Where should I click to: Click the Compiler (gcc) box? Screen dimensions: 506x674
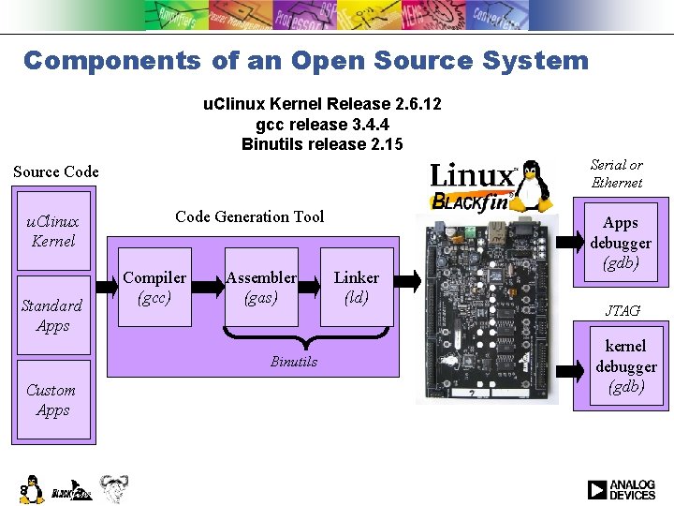click(x=155, y=288)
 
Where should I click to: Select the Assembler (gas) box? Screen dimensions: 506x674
click(x=261, y=288)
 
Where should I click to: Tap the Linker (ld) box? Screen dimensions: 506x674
click(x=357, y=288)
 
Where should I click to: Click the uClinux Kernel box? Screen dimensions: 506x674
click(x=53, y=231)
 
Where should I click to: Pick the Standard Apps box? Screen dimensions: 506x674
click(x=52, y=316)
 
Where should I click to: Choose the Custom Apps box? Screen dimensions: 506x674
click(x=52, y=400)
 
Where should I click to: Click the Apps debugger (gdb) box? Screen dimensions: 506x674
click(x=621, y=243)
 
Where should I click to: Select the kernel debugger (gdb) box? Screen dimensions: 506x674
click(x=625, y=366)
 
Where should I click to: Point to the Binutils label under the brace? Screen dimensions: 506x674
click(x=294, y=362)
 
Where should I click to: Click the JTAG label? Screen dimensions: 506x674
click(x=623, y=311)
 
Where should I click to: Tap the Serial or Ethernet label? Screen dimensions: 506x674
click(x=617, y=173)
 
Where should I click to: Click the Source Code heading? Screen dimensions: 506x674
click(x=56, y=171)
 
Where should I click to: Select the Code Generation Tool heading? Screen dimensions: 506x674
click(x=249, y=216)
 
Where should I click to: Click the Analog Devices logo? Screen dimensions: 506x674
click(x=622, y=490)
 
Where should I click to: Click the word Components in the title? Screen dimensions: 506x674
click(x=111, y=61)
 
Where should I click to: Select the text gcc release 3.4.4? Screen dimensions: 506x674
click(x=323, y=124)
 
